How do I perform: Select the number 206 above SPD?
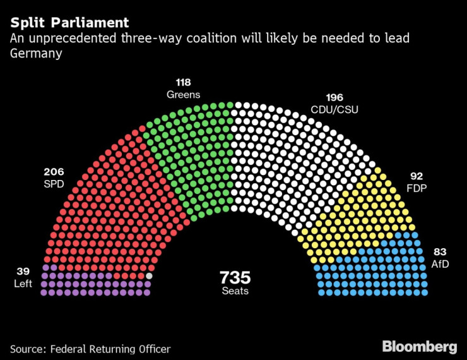coord(54,172)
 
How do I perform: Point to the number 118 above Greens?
coord(184,83)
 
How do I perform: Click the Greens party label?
coord(183,95)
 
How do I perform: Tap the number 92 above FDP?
coord(416,176)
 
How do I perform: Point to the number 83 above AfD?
coord(439,252)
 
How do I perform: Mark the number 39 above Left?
coord(23,272)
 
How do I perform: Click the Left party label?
coord(23,284)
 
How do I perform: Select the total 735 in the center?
coord(235,277)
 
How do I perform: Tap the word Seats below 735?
coord(235,291)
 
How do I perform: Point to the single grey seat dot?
coord(149,275)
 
